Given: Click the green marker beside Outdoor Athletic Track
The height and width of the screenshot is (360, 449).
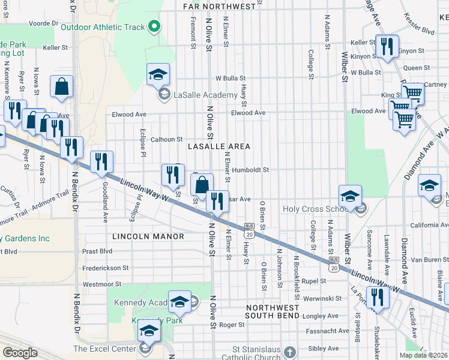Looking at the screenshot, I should [154, 26].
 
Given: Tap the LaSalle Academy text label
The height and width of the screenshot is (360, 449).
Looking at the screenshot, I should [204, 95].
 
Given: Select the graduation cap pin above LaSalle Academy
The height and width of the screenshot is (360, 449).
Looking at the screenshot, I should [158, 75].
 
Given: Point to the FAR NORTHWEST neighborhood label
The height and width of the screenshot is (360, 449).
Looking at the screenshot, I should [219, 7].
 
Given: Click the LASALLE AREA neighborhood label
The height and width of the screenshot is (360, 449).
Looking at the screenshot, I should [218, 146].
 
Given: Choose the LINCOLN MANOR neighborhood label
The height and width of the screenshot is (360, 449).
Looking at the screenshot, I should [148, 236].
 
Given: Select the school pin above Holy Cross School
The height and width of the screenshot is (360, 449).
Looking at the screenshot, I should [350, 196].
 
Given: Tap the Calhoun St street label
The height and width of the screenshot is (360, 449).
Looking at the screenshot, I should [166, 139].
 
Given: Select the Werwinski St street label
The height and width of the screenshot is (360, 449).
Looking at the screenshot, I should [322, 298].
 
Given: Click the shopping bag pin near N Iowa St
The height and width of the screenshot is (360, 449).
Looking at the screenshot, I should [61, 88].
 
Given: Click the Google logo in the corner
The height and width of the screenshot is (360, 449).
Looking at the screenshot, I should [20, 353].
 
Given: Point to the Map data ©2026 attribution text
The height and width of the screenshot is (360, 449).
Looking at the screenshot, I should [424, 355].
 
